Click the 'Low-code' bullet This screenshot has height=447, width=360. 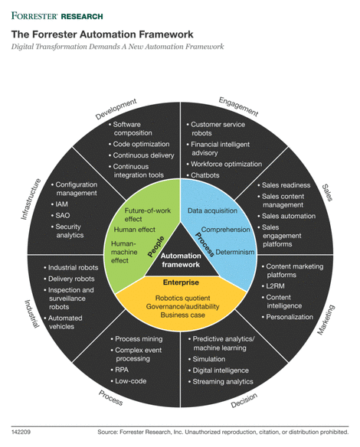(x=131, y=380)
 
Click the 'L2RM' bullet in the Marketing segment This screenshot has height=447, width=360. (x=277, y=285)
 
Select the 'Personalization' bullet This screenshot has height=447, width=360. (x=290, y=316)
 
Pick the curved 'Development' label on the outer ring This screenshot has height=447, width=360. (x=116, y=108)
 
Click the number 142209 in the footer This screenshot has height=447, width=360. (x=21, y=432)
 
